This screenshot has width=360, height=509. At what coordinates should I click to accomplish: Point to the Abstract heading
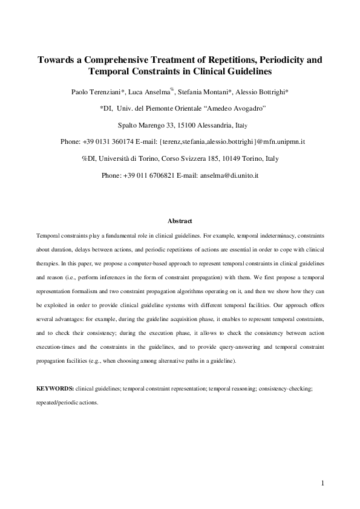tap(180, 221)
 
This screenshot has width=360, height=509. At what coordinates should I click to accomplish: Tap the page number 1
tap(323, 483)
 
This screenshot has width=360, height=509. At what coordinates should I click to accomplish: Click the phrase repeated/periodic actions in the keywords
tap(67, 402)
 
